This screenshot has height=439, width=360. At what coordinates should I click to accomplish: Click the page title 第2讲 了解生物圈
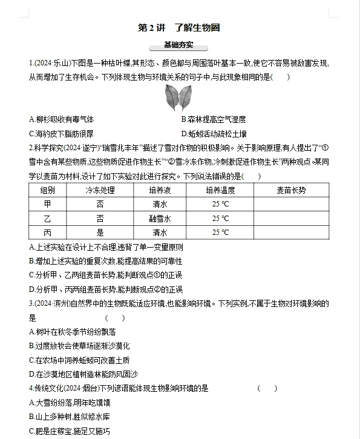click(x=180, y=28)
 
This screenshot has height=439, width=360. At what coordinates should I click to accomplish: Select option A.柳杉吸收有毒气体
click(x=62, y=119)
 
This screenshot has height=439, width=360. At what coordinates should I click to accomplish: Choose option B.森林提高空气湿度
click(x=214, y=119)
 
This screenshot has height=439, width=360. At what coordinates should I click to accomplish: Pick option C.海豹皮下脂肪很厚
click(x=62, y=134)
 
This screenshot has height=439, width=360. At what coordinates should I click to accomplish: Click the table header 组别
click(x=48, y=190)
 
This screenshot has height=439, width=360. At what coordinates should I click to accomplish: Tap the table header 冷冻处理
click(x=100, y=190)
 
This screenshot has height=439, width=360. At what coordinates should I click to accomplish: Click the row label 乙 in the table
click(x=48, y=219)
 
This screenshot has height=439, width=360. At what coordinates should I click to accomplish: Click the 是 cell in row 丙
click(x=100, y=233)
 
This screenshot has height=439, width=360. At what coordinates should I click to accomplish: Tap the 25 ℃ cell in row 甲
click(x=220, y=204)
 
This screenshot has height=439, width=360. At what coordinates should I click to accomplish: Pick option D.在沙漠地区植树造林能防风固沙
click(x=82, y=374)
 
